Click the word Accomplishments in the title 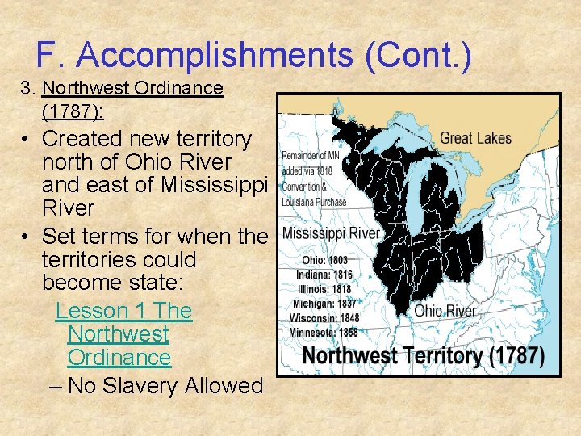[214, 56]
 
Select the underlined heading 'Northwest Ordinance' [132, 88]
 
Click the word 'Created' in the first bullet [89, 139]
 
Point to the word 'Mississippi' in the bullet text [214, 185]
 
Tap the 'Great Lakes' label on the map [475, 138]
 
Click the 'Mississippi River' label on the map [331, 233]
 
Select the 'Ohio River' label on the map [445, 311]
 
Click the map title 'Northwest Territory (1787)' [423, 356]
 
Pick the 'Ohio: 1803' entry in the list [325, 261]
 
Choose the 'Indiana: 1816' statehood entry [324, 275]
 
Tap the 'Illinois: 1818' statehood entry [324, 289]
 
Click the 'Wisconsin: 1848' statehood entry [324, 318]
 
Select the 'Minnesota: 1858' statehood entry [324, 333]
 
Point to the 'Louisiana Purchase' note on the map [314, 202]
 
